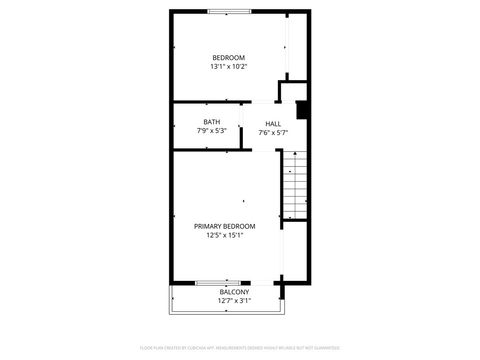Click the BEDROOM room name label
point(228,58)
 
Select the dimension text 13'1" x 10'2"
point(228,67)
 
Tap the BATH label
point(211,122)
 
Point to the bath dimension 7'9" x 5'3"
point(211,131)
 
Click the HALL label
point(273,123)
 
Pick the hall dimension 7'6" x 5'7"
point(273,132)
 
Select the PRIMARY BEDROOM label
point(224,226)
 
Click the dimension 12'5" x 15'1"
point(224,235)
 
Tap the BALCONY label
point(234,292)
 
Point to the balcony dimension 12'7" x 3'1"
point(234,301)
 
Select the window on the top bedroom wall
point(229,12)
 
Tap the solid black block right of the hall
point(304,110)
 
